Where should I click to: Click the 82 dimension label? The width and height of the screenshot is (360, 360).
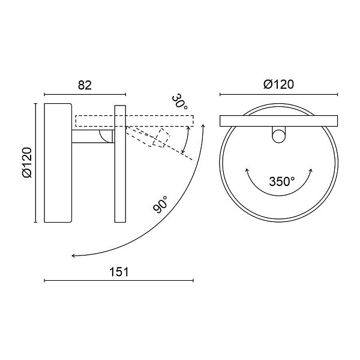[x=85, y=85]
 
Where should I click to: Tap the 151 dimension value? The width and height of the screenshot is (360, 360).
[x=119, y=272]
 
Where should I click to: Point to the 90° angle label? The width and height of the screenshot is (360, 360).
[x=160, y=205]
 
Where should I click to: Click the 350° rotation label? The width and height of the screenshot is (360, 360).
[x=282, y=181]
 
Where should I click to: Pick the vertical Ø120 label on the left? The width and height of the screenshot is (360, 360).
[x=28, y=163]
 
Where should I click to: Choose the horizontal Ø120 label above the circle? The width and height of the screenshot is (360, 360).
[x=278, y=84]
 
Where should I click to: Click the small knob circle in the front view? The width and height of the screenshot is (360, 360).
[x=278, y=136]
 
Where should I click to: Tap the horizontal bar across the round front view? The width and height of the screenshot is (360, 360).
[x=279, y=121]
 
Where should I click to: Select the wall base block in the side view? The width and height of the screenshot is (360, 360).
[x=58, y=163]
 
